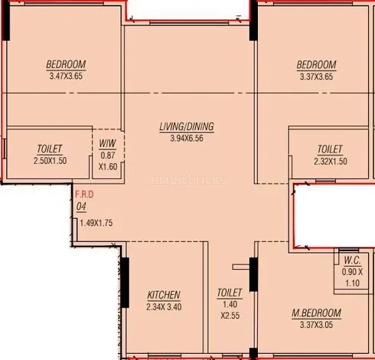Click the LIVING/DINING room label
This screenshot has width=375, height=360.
[187, 127]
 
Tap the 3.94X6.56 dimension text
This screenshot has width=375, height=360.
[187, 139]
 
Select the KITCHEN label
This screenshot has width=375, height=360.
[164, 295]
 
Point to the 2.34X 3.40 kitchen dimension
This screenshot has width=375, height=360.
[164, 307]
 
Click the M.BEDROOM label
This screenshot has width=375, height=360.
[316, 313]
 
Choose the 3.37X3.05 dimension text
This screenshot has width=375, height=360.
[316, 325]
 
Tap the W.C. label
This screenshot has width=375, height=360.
[352, 260]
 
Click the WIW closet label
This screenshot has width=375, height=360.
[108, 144]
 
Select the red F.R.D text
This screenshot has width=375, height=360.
[84, 195]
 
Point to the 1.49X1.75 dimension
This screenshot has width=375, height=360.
[96, 223]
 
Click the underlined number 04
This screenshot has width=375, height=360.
[81, 207]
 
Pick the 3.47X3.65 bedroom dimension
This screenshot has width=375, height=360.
[66, 77]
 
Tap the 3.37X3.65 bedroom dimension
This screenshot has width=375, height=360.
[316, 77]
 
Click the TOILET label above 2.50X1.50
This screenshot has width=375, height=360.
[50, 149]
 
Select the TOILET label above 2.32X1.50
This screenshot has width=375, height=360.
[330, 149]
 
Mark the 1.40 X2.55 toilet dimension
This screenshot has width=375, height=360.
[230, 310]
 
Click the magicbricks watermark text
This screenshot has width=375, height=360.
[188, 179]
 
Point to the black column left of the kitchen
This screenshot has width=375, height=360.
[125, 283]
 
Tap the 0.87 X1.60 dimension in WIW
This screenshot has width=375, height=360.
[108, 161]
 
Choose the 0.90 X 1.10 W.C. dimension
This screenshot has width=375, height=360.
[352, 277]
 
